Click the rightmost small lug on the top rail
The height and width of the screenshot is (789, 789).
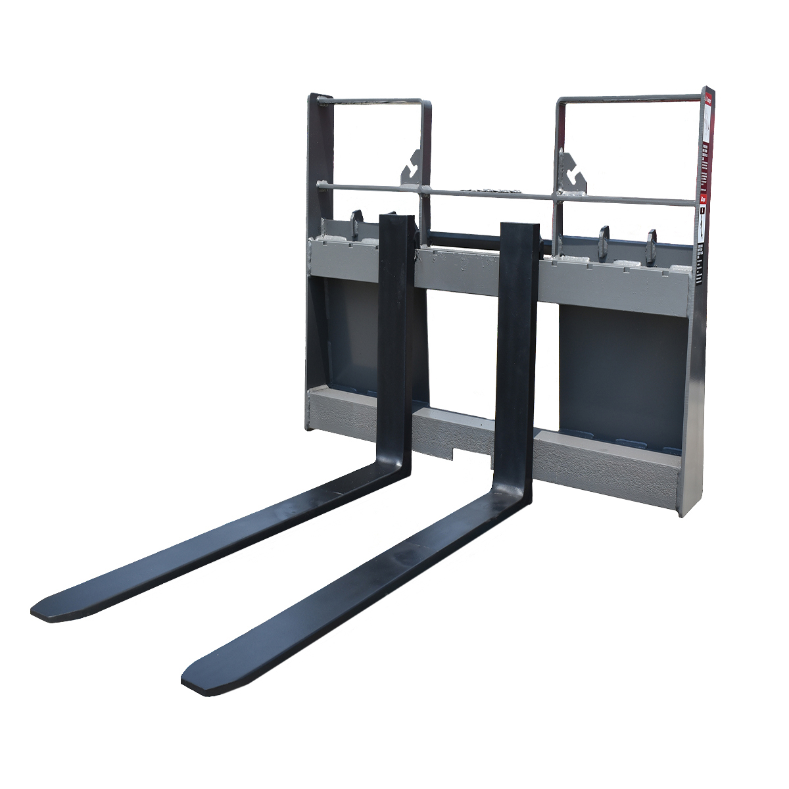click(x=652, y=245)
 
